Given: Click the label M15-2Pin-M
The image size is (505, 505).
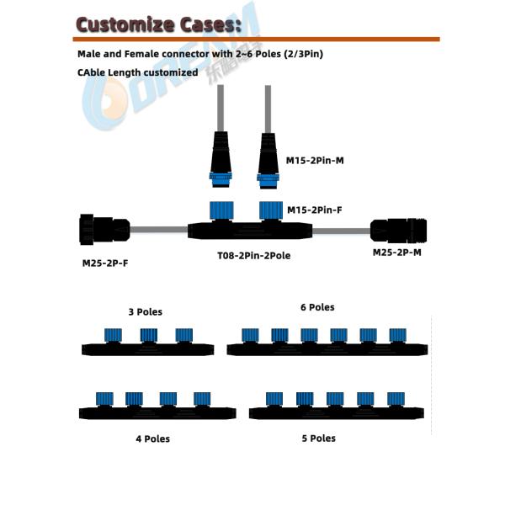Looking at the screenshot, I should [315, 160].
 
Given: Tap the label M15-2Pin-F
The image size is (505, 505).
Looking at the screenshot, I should [314, 210].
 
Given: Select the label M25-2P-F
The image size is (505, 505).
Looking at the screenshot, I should [105, 263].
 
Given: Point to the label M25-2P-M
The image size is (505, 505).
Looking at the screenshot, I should [398, 252].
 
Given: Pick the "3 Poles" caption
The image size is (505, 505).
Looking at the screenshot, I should [145, 311].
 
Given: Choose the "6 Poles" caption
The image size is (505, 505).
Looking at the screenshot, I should [317, 307].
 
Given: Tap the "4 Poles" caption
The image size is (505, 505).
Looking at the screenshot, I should [152, 439].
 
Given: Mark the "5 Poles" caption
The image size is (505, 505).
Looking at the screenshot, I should [318, 438].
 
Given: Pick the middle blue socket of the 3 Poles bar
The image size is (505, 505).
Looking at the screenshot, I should [147, 335].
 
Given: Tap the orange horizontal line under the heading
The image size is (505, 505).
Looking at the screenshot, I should [252, 39].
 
